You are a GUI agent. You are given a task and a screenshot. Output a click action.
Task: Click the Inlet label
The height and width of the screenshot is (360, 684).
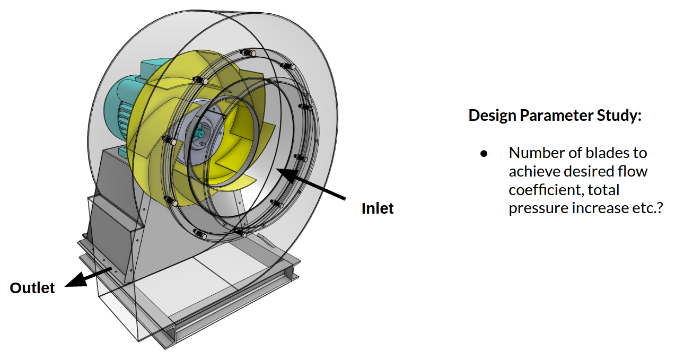378,208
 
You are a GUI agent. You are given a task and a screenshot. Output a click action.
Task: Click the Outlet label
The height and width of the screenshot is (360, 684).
32,288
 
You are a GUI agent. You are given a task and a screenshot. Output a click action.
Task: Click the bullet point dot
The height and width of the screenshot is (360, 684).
484,154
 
